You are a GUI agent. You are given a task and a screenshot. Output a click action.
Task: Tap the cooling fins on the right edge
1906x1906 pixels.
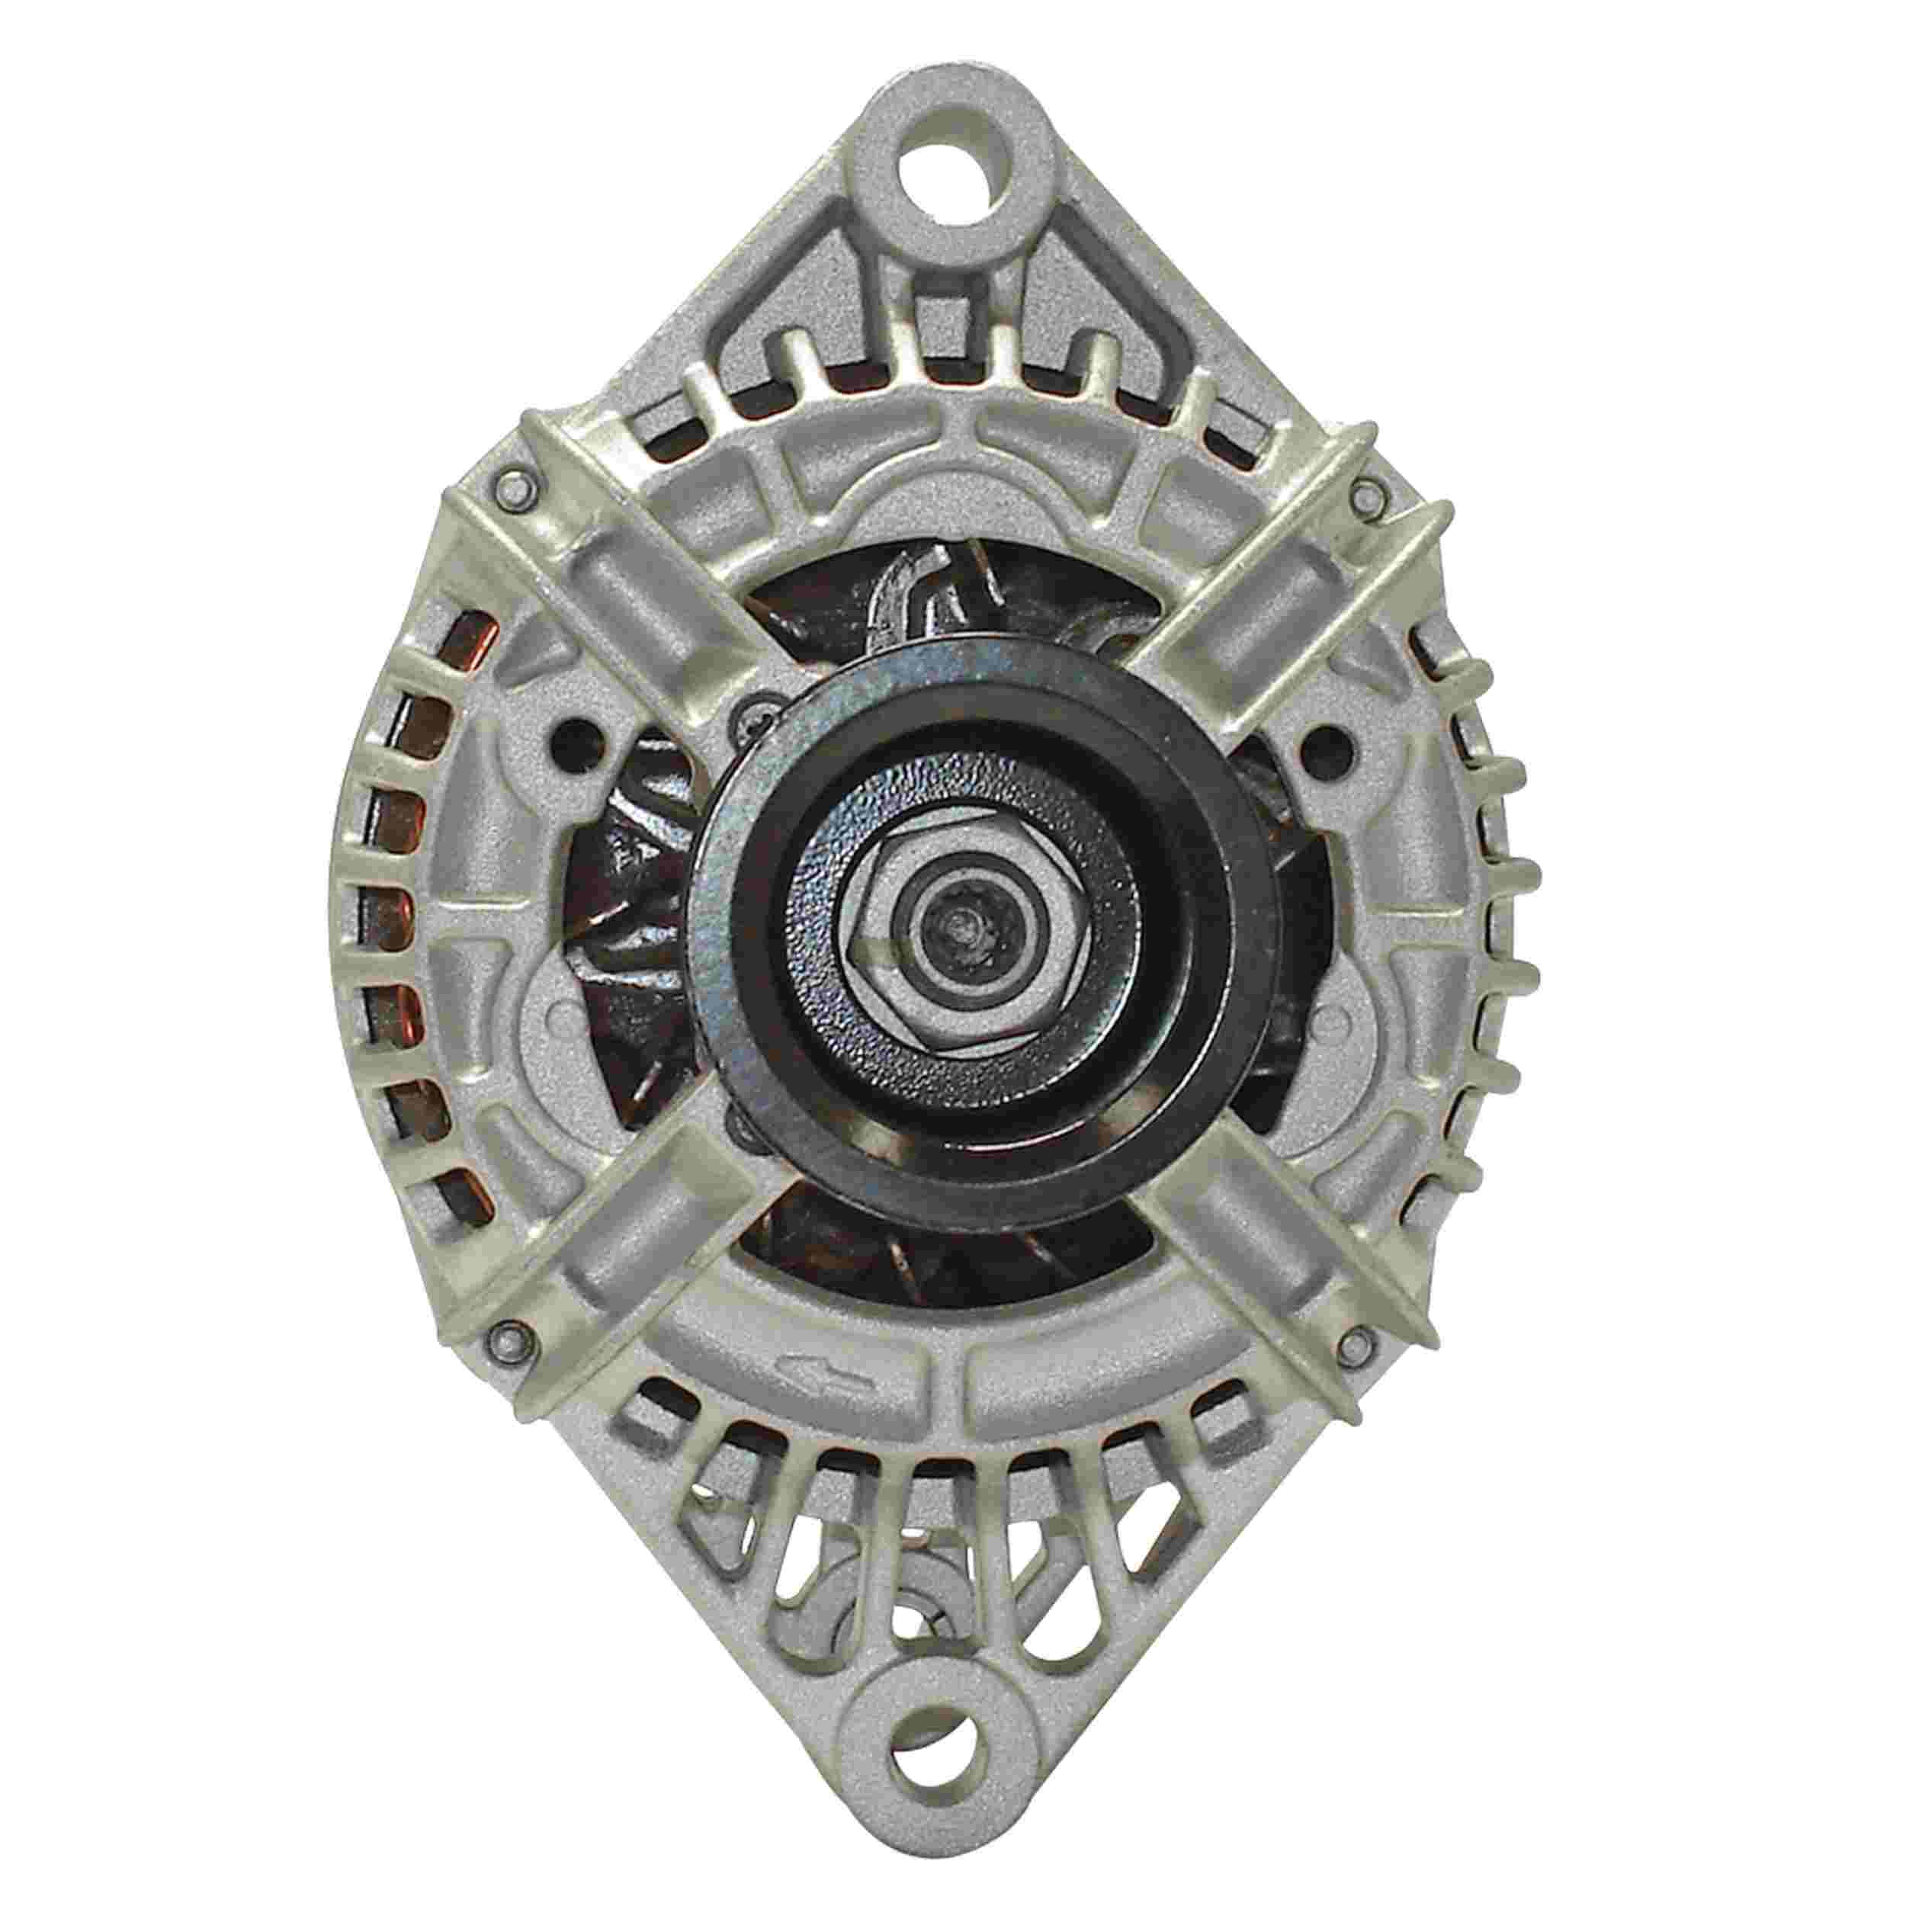1500,888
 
